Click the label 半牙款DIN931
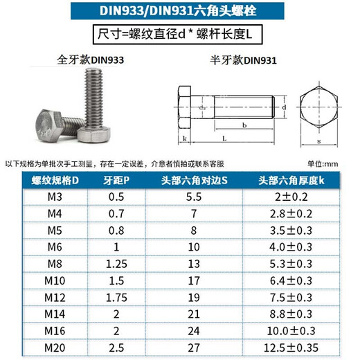tap(243, 60)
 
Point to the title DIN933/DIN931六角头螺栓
tap(180, 12)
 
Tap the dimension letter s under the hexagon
tap(318, 141)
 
